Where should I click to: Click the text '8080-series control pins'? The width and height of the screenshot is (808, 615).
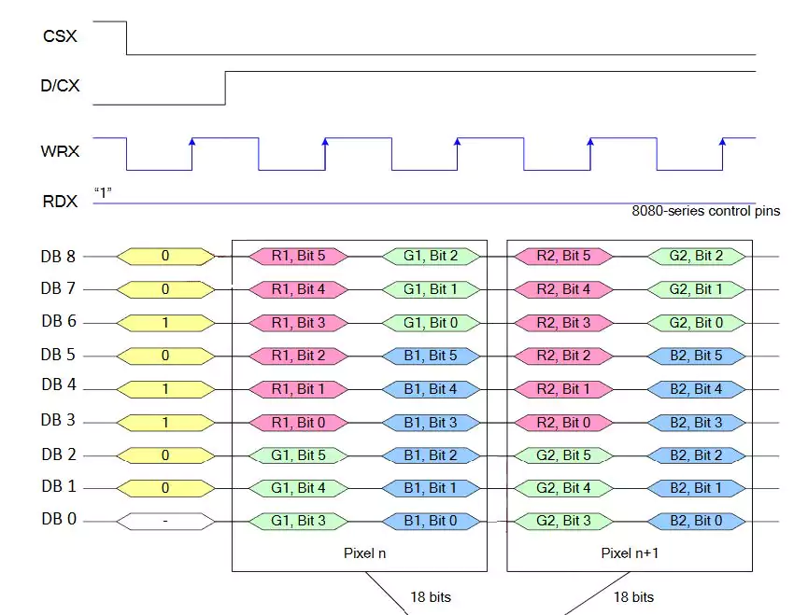[x=705, y=212]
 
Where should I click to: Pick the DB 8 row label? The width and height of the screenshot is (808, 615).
[x=59, y=256]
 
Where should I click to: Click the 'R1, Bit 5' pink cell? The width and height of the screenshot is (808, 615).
[x=299, y=256]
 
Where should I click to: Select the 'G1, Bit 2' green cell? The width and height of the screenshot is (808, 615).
[x=431, y=256]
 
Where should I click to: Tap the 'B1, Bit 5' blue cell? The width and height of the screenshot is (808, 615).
[x=431, y=356]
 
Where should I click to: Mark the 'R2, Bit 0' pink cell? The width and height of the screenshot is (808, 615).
[x=563, y=422]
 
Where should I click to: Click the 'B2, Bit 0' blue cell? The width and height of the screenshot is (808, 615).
[x=695, y=521]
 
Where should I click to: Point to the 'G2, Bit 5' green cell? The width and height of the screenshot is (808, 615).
[x=563, y=455]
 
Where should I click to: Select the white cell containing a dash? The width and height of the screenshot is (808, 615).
[x=165, y=521]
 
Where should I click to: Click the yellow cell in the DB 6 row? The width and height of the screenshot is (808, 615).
[x=165, y=322]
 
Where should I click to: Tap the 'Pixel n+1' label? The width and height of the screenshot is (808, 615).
[x=630, y=553]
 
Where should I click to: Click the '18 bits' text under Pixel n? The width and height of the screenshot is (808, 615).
[x=430, y=597]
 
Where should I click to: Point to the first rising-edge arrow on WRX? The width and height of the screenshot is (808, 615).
[x=191, y=142]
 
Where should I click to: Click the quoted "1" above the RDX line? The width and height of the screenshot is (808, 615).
[x=103, y=192]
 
